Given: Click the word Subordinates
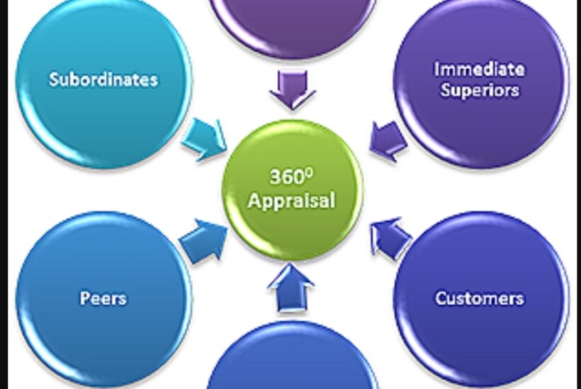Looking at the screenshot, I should [x=103, y=79].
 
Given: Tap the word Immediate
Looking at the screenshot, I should [x=479, y=70].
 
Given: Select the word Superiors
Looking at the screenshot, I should [x=479, y=90].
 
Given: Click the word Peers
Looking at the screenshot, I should [x=103, y=297].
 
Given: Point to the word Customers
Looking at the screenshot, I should [x=479, y=297].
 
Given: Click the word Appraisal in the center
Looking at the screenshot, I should [x=291, y=200].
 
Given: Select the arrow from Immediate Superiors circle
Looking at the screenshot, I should [x=388, y=139].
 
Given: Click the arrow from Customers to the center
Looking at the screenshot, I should [x=390, y=238].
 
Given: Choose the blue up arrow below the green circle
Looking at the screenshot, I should [x=291, y=287].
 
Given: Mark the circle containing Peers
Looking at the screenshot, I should [x=103, y=298].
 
